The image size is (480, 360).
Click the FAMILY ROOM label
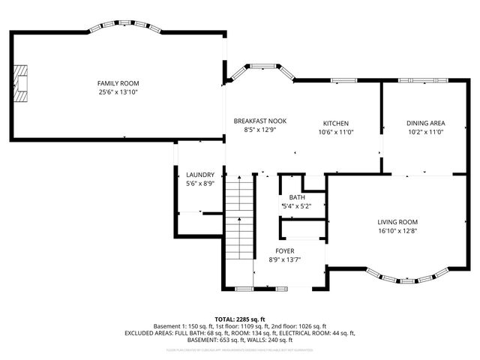(x=118, y=83)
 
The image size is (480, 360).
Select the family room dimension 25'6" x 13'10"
(x=118, y=92)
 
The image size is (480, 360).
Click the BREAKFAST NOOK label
(x=259, y=121)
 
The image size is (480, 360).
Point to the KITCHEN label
(x=335, y=124)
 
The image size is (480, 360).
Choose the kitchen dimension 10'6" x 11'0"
(x=335, y=132)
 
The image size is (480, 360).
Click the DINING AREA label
(x=426, y=124)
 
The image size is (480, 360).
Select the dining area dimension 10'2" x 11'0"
(x=426, y=132)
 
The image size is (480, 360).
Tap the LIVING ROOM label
(x=397, y=222)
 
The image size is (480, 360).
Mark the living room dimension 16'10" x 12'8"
(x=397, y=231)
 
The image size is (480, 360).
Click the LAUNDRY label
(x=200, y=175)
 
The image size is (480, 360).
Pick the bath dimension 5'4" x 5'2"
(x=296, y=206)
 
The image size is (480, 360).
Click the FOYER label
(x=284, y=250)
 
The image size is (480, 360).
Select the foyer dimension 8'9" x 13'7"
(x=284, y=259)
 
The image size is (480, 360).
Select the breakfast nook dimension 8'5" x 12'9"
(x=259, y=129)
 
